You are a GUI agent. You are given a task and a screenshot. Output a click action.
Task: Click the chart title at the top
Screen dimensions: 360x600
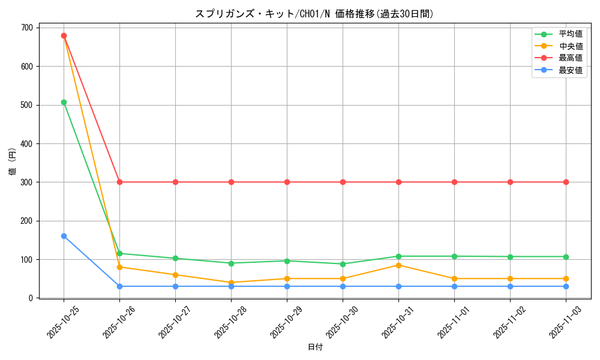[x=314, y=14]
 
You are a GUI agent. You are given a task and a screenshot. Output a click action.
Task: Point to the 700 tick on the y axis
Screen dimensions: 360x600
[x=28, y=28]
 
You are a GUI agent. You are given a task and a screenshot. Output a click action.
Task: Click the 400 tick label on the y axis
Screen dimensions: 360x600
[x=28, y=144]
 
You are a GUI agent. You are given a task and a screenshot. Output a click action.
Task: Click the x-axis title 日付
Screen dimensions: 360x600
[x=315, y=347]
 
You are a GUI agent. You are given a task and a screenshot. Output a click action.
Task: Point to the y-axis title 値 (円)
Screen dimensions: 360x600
[x=13, y=163]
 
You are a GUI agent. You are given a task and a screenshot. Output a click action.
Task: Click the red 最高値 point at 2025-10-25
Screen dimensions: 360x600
[x=64, y=35]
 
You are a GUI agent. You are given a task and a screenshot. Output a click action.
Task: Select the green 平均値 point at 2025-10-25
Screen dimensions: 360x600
[x=64, y=102]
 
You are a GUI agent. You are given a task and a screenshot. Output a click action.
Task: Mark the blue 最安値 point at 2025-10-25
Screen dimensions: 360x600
[x=64, y=236]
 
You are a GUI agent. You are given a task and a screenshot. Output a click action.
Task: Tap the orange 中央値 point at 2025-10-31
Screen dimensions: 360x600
[x=398, y=265]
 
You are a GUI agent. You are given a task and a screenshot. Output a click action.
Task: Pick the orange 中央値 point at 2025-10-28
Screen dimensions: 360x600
[x=231, y=283]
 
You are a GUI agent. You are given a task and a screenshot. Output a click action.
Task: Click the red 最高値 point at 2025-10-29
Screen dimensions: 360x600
[x=287, y=182]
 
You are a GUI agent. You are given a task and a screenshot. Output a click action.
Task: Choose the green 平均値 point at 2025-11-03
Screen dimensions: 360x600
[x=566, y=257]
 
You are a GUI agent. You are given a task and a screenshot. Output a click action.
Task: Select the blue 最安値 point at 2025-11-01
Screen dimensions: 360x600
[x=454, y=286]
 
